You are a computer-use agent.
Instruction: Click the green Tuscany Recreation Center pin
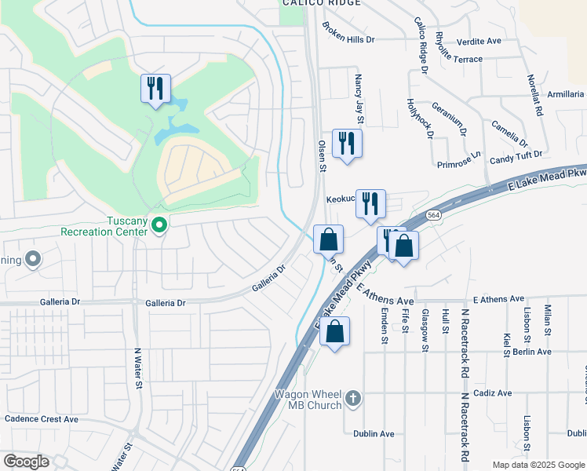coord(159,226)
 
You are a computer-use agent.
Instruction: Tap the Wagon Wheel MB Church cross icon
coord(354,399)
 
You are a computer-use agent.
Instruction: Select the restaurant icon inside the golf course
coord(155,88)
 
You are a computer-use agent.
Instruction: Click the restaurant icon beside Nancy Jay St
coord(346,143)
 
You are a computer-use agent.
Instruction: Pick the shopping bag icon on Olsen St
coord(329,239)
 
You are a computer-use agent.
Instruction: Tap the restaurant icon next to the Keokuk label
coord(370,203)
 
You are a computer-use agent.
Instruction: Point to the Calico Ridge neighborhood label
coord(322,3)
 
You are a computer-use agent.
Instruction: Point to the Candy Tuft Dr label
coord(516,158)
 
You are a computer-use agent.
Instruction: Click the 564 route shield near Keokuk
coord(433,214)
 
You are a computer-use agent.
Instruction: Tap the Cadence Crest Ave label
coord(42,419)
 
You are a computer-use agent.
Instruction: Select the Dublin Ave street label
coord(374,433)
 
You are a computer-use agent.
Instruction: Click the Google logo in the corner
coord(26,462)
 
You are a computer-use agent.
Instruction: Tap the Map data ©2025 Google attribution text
coord(538,465)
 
